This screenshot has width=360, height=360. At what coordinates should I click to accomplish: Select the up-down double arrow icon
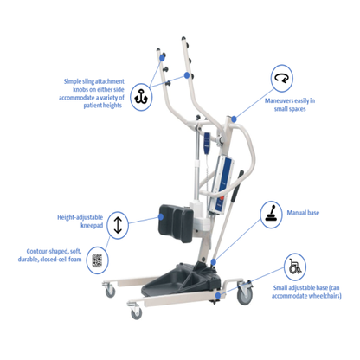119,225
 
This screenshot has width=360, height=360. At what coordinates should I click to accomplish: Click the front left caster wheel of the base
110,291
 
